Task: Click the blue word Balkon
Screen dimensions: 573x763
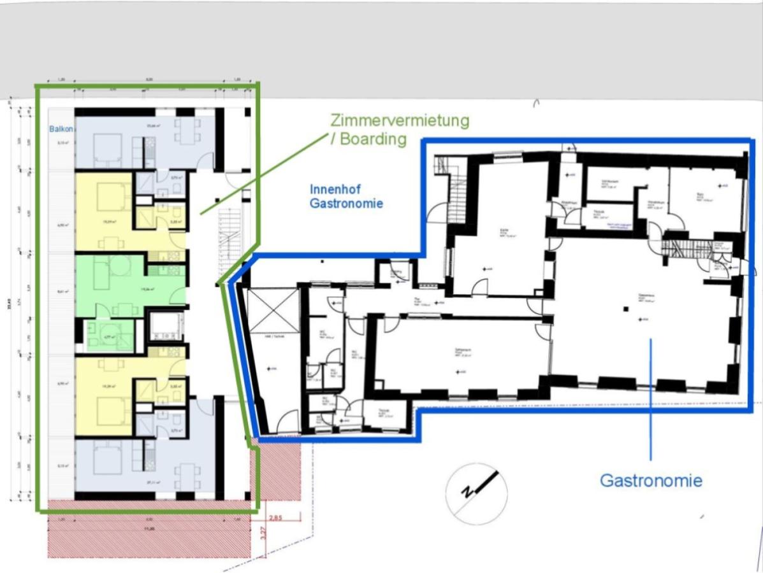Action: coord(61,129)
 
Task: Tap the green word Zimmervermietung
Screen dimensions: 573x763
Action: coord(400,120)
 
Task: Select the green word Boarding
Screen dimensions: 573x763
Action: coord(373,139)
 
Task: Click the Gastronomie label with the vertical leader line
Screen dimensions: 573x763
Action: coord(651,480)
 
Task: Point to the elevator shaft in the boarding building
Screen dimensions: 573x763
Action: coord(165,327)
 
